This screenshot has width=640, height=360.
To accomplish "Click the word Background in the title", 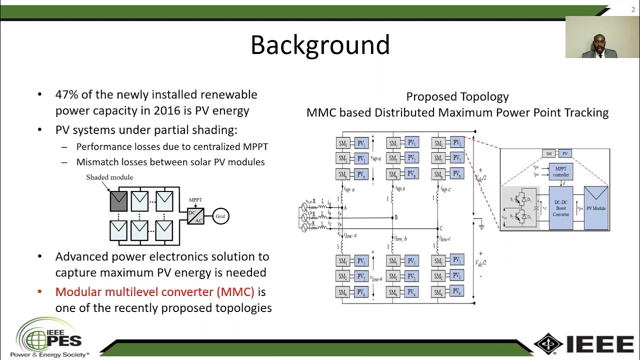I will click(x=320, y=45).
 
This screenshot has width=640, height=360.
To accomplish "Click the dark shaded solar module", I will click(x=118, y=201).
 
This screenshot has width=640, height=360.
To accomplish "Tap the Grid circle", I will click(x=220, y=216).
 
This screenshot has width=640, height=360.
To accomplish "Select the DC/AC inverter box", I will click(x=195, y=216).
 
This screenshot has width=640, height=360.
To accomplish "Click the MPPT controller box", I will click(x=560, y=171).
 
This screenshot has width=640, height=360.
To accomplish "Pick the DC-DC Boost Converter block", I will click(x=560, y=208).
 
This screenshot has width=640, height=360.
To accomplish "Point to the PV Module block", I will click(x=595, y=208).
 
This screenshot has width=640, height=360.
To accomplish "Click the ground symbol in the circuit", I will click(x=481, y=226).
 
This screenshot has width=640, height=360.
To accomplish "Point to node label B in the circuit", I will click(x=396, y=217).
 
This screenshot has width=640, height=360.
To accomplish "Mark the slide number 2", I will click(x=633, y=9).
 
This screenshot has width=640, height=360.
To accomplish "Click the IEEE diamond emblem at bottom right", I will click(x=548, y=343).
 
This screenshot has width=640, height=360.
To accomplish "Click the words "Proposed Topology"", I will click(x=457, y=96).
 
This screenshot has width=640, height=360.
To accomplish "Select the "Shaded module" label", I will click(x=109, y=177).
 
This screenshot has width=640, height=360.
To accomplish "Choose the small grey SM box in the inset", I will click(x=548, y=153).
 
